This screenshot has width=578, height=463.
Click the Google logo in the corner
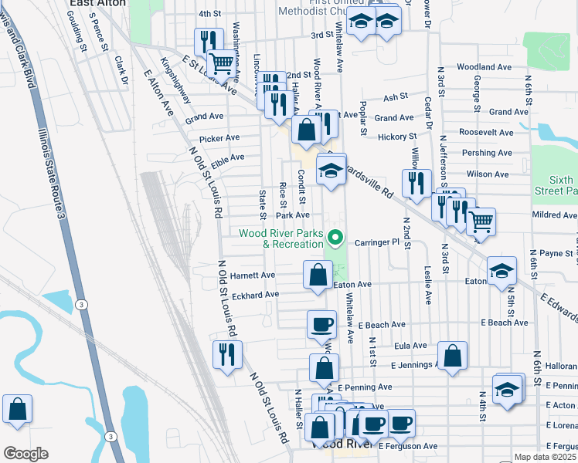point(25,454)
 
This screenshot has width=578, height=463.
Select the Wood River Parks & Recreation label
point(280,238)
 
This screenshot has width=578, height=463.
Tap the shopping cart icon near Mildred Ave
point(481,221)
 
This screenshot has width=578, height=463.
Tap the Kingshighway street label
point(175,79)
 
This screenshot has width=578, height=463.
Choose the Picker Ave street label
point(219,138)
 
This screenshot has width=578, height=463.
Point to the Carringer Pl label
point(376,242)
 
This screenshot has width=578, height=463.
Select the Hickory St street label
point(397,137)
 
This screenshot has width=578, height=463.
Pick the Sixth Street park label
point(556,184)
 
